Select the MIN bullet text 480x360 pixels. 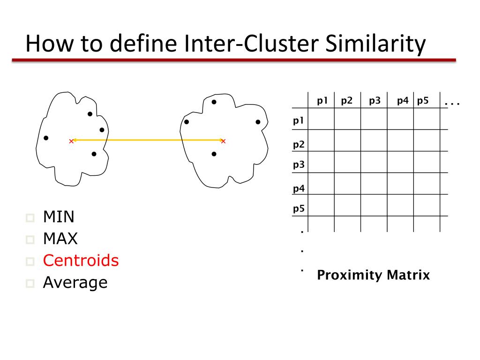pyautogui.click(x=59, y=217)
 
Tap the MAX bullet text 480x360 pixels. pyautogui.click(x=60, y=239)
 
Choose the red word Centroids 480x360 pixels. pyautogui.click(x=81, y=261)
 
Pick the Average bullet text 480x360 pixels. pyautogui.click(x=75, y=282)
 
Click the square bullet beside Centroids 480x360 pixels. pyautogui.click(x=31, y=262)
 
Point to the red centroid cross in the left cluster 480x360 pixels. pyautogui.click(x=71, y=141)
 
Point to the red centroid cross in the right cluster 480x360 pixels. pyautogui.click(x=223, y=141)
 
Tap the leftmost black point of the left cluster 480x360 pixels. pyautogui.click(x=46, y=138)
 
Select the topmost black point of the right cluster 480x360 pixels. pyautogui.click(x=214, y=102)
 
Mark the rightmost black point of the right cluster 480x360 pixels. pyautogui.click(x=258, y=122)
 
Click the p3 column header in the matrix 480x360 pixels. pyautogui.click(x=375, y=100)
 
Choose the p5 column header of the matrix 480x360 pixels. pyautogui.click(x=423, y=100)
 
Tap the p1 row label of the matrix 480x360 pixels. pyautogui.click(x=299, y=120)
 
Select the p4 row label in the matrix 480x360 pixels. pyautogui.click(x=299, y=189)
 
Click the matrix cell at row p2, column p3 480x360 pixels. pyautogui.click(x=374, y=140)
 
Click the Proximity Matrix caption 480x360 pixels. pyautogui.click(x=373, y=275)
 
